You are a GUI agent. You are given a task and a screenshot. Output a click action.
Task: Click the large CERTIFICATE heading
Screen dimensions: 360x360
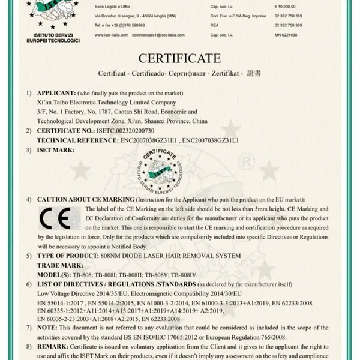coord(179,59)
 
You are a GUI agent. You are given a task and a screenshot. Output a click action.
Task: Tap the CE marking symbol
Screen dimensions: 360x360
coord(55,219)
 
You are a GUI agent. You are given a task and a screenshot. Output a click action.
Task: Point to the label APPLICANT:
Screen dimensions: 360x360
coord(56,94)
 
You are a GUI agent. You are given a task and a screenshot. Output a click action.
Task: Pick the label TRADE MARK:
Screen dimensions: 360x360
coord(58,265)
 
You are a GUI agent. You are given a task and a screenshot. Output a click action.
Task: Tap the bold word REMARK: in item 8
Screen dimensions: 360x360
coord(52,346)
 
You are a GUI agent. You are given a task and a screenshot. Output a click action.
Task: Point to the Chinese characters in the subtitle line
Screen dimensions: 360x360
coord(254,74)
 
